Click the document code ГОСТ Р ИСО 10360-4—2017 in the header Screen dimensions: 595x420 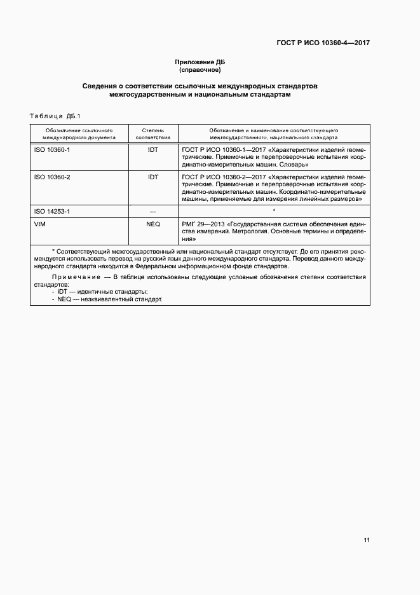tap(323, 43)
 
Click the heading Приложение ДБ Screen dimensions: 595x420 tap(200, 62)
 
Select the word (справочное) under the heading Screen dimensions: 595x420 tap(200, 69)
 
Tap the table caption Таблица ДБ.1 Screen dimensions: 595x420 tap(51, 116)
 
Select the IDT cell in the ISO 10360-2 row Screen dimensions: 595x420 tap(152, 177)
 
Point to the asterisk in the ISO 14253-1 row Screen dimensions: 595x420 tap(273, 210)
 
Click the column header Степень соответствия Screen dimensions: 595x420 tap(152, 133)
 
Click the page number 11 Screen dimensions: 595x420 tap(367, 540)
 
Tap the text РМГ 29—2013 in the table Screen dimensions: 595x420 tap(203, 224)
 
